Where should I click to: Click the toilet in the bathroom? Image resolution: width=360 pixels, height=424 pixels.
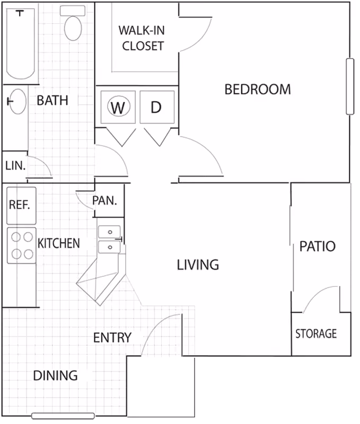pos(73,23)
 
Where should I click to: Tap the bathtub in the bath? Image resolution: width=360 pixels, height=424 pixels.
pos(21,44)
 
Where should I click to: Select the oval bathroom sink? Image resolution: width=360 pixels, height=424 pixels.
pos(18,101)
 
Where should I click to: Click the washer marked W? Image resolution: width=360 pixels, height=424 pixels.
pos(118,107)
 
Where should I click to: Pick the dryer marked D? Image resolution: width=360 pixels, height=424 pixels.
pos(157,107)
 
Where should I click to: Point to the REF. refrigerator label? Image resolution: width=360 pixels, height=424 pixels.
pos(19,205)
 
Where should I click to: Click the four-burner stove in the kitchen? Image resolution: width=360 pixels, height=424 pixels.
pos(22,245)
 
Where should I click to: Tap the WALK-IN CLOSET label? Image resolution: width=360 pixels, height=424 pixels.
pos(142,38)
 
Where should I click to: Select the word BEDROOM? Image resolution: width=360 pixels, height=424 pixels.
pos(258,90)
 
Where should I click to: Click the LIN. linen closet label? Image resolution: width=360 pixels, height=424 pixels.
pos(15,165)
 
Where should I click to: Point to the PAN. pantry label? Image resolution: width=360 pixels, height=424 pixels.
pos(104,201)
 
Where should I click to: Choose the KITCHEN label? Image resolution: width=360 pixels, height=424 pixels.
pos(59,243)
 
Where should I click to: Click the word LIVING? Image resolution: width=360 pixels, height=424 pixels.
pos(198,264)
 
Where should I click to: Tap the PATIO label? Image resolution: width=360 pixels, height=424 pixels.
pos(318,246)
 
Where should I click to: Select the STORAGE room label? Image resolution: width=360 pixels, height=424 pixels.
pos(316,334)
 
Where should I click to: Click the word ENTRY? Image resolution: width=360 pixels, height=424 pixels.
pos(112,338)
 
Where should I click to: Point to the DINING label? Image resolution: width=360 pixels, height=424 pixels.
pos(56,376)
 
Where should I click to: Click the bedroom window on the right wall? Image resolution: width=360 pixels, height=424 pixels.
pos(350,86)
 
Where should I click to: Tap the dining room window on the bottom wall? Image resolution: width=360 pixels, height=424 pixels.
pos(63,416)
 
